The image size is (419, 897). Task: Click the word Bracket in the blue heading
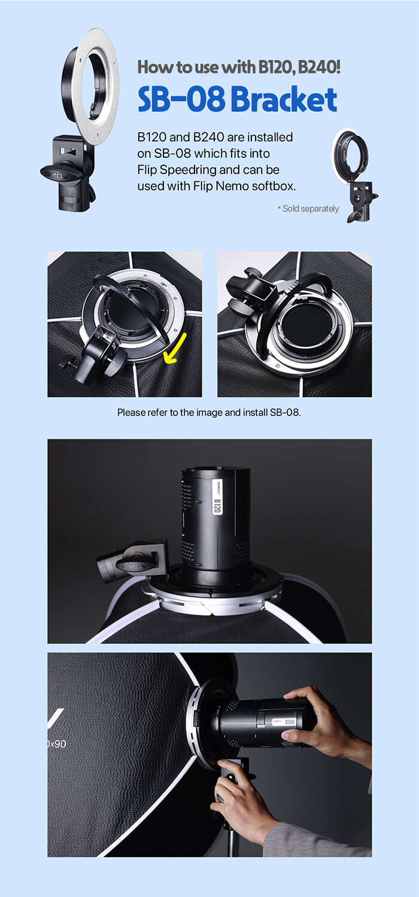tap(284, 99)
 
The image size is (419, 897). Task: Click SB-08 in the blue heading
tap(181, 99)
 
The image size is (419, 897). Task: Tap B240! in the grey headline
tap(319, 67)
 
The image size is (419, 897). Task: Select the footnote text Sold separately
tap(311, 209)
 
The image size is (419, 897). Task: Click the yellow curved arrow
tap(175, 349)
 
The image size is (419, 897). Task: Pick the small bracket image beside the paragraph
tap(354, 175)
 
